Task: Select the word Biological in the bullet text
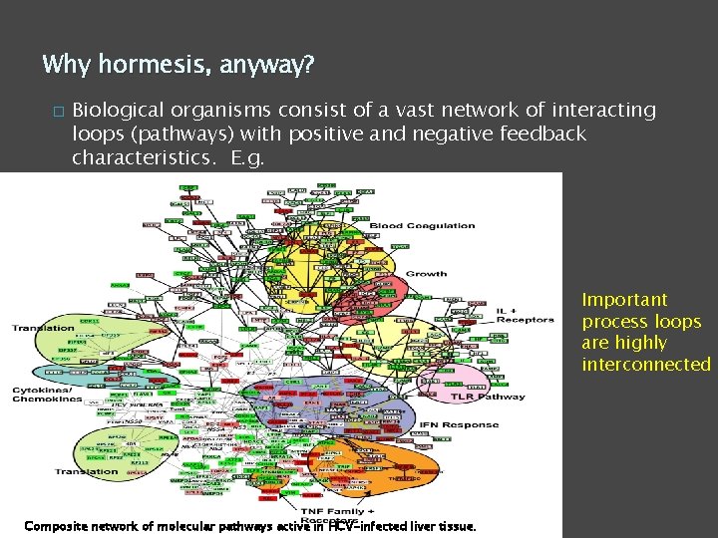coord(124,111)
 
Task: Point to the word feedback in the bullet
coord(544,134)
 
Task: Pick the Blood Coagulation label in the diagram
coord(423,226)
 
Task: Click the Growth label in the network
coord(426,273)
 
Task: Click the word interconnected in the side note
coord(646,365)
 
